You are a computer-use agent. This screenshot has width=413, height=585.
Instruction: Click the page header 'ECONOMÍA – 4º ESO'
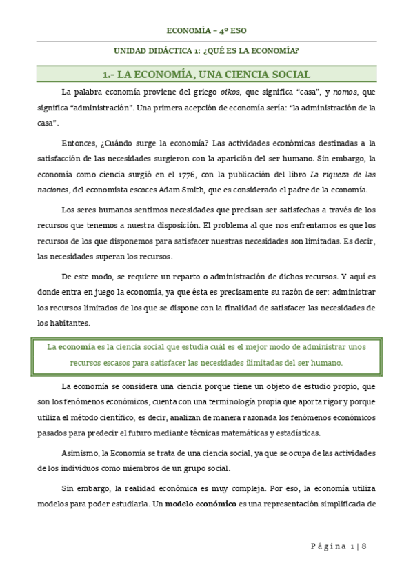pos(206,30)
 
